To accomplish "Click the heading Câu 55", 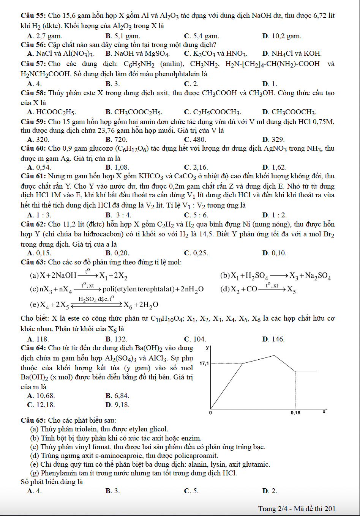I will pyautogui.click(x=33, y=16).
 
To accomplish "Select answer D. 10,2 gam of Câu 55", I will pyautogui.click(x=281, y=36).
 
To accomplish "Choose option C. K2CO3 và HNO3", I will pyautogui.click(x=215, y=53).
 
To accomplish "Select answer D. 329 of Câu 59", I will pyautogui.click(x=273, y=139).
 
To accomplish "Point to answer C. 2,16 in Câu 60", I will pyautogui.click(x=196, y=167).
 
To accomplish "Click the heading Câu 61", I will pyautogui.click(x=33, y=176).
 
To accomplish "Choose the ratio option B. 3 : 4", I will pyautogui.click(x=118, y=215).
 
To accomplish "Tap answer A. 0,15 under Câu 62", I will pyautogui.click(x=39, y=253).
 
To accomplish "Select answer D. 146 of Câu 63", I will pyautogui.click(x=273, y=339).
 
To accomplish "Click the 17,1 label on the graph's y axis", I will pyautogui.click(x=204, y=363).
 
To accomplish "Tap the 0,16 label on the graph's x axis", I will pyautogui.click(x=295, y=412).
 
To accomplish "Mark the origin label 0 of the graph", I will pyautogui.click(x=211, y=412).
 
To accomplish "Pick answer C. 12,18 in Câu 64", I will pyautogui.click(x=41, y=405).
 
